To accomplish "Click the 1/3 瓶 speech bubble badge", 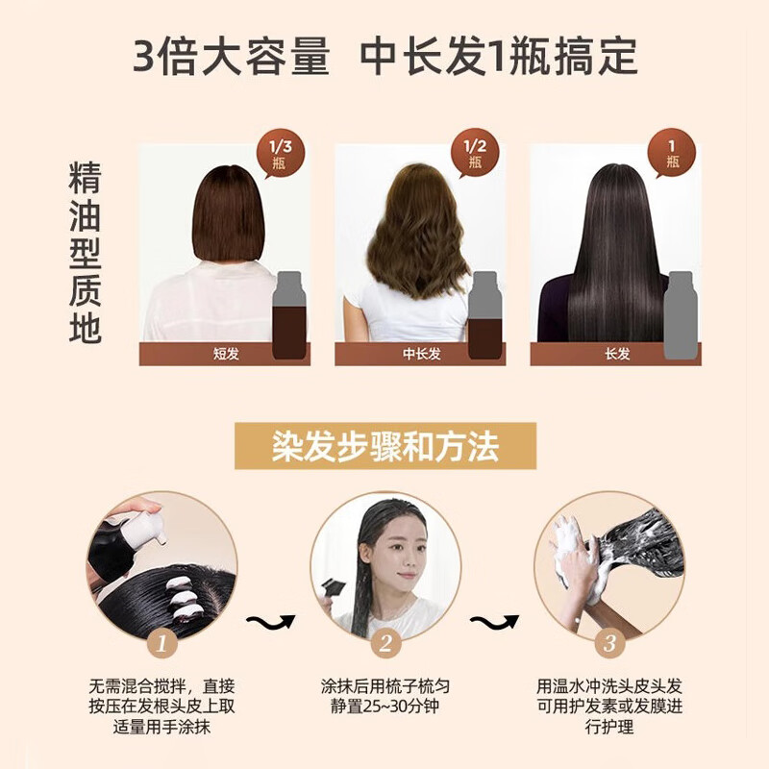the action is click(281, 154).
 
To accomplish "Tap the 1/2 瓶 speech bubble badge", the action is click(475, 154).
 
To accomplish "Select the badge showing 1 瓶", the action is click(671, 154).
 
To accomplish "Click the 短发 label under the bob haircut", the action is click(226, 354).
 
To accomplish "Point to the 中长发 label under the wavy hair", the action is click(422, 354).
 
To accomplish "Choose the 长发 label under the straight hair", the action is click(617, 354).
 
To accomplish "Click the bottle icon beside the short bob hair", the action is click(289, 315).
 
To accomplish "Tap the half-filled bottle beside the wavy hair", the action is click(484, 315).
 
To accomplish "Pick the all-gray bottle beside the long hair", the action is click(681, 315).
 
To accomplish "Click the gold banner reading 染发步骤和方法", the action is click(385, 446).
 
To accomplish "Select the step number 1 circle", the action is click(161, 643).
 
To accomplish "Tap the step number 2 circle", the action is click(385, 643).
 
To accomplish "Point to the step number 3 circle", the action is click(609, 643).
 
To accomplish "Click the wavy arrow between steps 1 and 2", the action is click(271, 622).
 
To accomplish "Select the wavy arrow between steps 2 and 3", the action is click(494, 622).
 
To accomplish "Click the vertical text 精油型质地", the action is click(85, 253).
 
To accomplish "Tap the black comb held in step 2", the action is click(333, 589).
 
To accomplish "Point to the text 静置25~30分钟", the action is click(385, 707).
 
